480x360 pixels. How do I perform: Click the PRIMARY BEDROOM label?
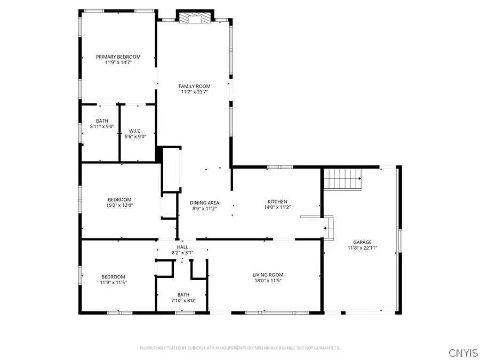(118, 57)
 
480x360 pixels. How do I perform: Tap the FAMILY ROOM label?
(194, 86)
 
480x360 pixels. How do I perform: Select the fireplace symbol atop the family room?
(191, 19)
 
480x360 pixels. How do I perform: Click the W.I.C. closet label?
(134, 131)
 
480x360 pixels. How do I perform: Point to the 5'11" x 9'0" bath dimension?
(102, 126)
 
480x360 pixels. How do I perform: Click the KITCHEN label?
(277, 201)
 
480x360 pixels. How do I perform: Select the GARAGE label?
(362, 242)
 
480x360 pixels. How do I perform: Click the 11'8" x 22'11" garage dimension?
(362, 247)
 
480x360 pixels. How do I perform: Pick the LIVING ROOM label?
(267, 275)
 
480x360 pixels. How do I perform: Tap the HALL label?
(183, 247)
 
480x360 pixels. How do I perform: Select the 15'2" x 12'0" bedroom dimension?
(119, 206)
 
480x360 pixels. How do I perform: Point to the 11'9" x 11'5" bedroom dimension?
(114, 283)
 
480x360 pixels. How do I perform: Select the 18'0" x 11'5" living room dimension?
(267, 281)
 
